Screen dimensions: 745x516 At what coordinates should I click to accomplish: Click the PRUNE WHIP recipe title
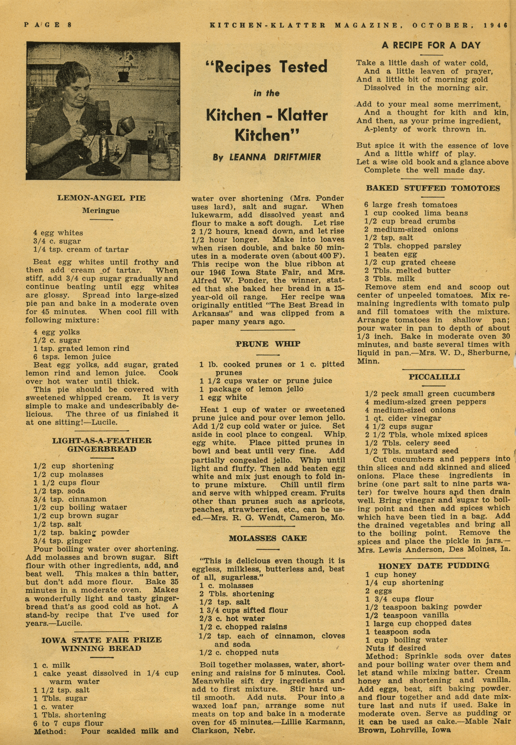[268, 344]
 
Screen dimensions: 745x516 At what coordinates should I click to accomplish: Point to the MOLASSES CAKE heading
[268, 538]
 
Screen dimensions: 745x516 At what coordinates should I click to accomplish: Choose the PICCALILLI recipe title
[434, 377]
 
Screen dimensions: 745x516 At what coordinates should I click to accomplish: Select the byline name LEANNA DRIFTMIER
[275, 157]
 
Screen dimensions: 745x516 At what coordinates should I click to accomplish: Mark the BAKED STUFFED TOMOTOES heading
[433, 188]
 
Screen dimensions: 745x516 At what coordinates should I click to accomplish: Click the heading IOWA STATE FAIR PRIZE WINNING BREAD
[102, 644]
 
